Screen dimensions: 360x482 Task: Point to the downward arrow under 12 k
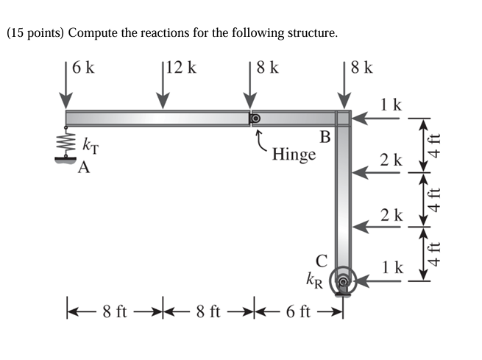point(162,91)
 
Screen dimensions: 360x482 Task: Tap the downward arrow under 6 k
point(66,91)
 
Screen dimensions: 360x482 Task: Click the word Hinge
point(294,155)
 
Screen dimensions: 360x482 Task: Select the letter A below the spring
point(85,168)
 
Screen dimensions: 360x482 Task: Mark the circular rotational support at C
point(342,280)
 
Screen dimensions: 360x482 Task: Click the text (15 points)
point(36,34)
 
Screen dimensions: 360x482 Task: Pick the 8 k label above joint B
point(361,68)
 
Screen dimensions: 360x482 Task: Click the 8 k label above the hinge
point(267,68)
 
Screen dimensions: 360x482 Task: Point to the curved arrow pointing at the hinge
point(260,140)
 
